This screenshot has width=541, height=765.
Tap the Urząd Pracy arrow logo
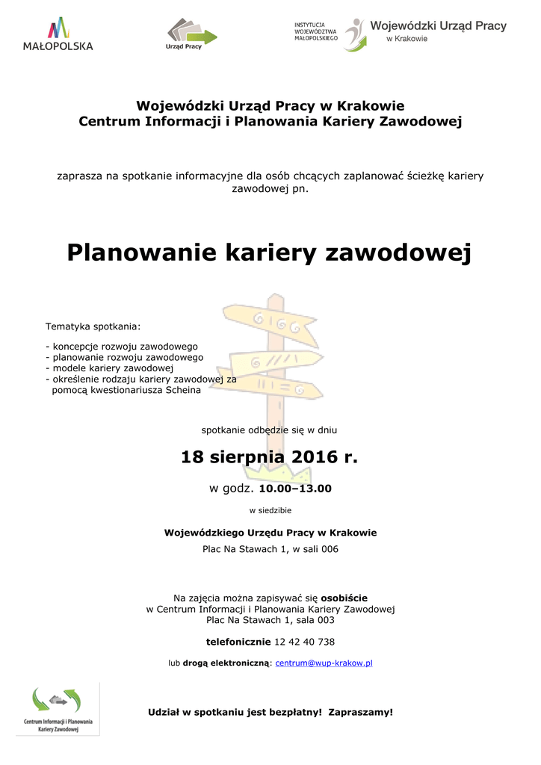[x=191, y=34]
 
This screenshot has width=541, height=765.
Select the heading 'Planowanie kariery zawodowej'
[x=270, y=253]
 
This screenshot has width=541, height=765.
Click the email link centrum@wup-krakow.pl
[x=324, y=663]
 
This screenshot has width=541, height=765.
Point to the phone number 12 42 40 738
[x=305, y=642]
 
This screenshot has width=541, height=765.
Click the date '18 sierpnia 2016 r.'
[x=270, y=457]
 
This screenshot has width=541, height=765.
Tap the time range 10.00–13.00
[x=294, y=489]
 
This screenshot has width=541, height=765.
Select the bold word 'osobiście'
[x=344, y=598]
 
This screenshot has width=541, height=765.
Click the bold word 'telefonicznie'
[x=238, y=642]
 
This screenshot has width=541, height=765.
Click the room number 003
[x=325, y=620]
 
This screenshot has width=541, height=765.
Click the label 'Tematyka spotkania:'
[x=93, y=326]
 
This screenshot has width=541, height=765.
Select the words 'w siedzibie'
[x=270, y=511]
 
